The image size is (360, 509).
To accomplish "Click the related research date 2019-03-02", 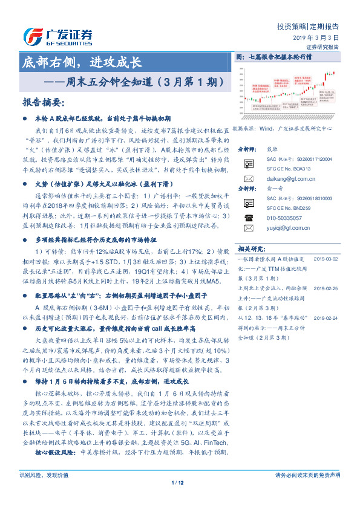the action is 329,259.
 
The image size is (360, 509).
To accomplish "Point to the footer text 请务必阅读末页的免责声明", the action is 307,492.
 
